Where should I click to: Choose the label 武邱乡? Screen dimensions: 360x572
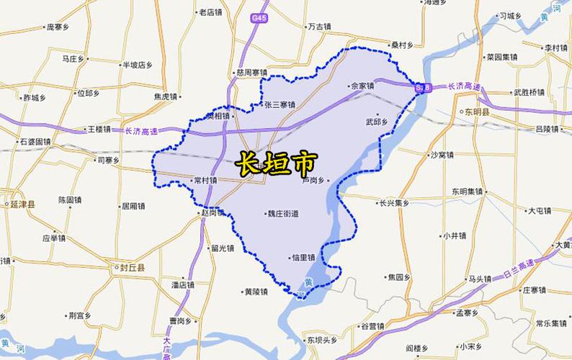377,121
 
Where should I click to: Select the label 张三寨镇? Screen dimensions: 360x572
280,105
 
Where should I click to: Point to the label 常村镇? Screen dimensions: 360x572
205,181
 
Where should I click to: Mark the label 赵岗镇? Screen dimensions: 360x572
213,212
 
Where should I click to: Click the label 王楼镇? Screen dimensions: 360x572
98,130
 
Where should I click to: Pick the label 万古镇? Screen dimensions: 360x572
318,27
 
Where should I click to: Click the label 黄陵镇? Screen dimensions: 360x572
255,292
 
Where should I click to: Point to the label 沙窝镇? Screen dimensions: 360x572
442,155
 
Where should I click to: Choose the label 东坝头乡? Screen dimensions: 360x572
321,339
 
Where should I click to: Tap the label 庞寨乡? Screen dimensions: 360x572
57,27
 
